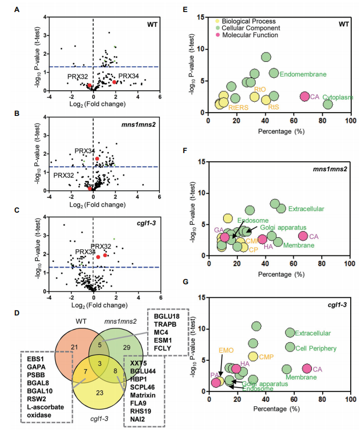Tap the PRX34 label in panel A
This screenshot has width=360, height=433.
129,75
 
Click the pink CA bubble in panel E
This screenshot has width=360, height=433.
305,96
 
